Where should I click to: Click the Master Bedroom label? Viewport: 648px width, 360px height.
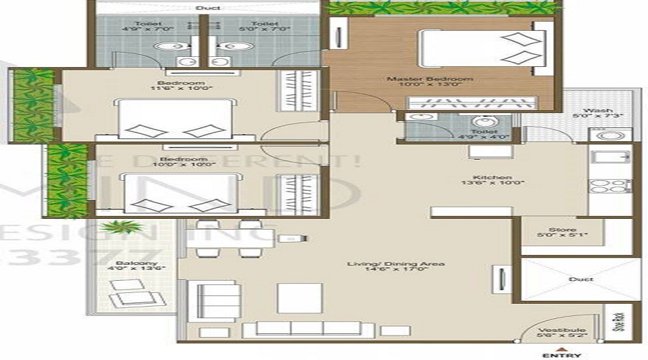429,79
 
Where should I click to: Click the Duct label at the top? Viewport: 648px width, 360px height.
203,8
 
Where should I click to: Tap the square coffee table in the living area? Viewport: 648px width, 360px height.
300,297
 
